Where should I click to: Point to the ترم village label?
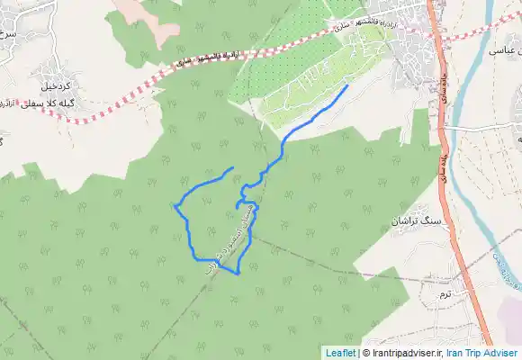pos(442,294)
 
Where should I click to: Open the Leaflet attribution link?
pos(339,353)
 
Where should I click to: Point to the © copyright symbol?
pos(364,353)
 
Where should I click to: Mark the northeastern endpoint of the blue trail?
pos(347,86)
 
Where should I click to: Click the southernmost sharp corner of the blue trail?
pos(238,274)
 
